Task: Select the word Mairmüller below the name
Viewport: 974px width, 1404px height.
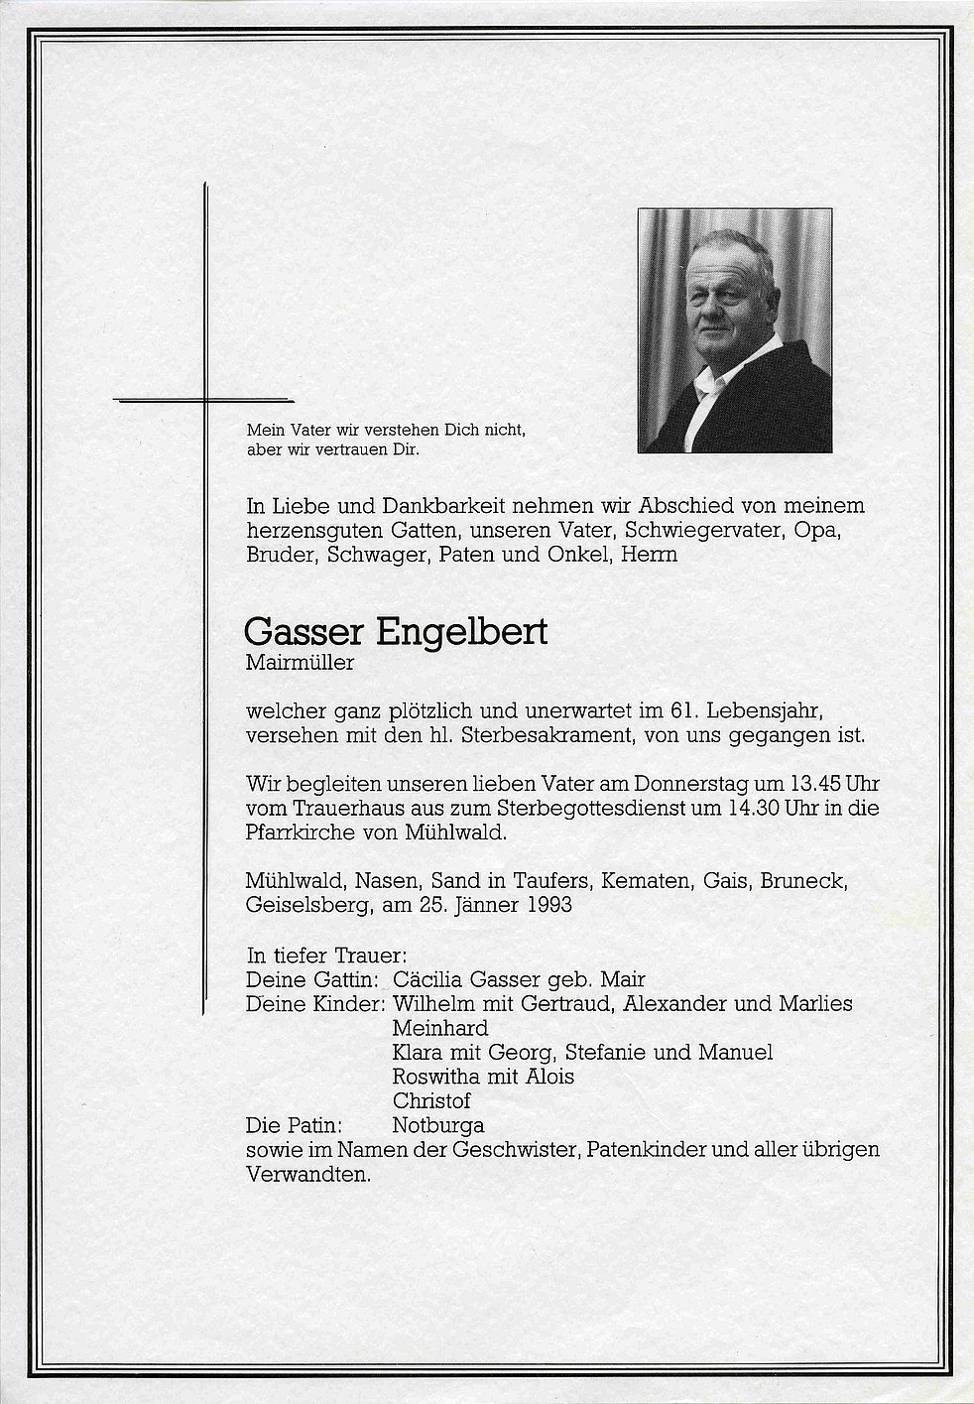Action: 300,663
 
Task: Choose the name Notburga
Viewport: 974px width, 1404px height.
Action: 438,1125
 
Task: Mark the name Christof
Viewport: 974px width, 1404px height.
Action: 431,1100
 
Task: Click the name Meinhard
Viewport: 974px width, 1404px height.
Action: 440,1028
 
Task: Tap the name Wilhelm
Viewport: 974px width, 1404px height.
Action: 434,1004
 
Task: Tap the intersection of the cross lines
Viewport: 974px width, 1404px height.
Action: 204,400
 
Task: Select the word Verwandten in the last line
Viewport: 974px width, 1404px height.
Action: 307,1175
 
